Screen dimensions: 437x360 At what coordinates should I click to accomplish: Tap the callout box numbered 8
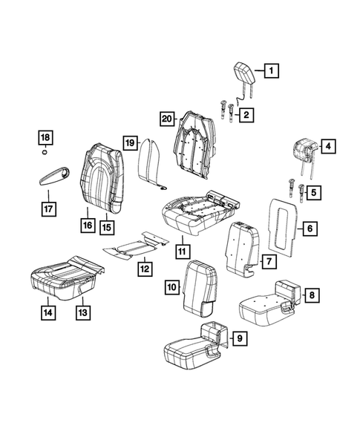312,296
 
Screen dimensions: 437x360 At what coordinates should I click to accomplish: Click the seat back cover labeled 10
200,284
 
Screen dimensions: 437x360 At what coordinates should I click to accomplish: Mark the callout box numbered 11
182,251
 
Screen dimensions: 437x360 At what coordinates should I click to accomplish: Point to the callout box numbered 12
145,267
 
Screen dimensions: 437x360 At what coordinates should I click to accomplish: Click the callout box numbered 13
82,312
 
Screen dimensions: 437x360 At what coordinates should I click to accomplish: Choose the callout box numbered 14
48,312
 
